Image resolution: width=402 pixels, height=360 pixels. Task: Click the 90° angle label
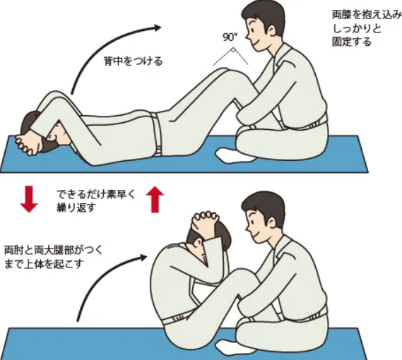pyautogui.click(x=230, y=37)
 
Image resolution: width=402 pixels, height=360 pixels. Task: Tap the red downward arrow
pyautogui.click(x=29, y=199)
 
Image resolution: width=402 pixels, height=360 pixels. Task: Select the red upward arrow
pyautogui.click(x=155, y=199)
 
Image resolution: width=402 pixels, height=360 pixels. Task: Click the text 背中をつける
pyautogui.click(x=134, y=61)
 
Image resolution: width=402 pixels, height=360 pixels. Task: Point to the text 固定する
pyautogui.click(x=352, y=42)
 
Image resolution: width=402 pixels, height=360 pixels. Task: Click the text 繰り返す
pyautogui.click(x=76, y=208)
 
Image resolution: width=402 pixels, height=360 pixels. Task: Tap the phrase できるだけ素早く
pyautogui.click(x=95, y=195)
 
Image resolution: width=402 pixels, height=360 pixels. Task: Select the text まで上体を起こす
pyautogui.click(x=44, y=264)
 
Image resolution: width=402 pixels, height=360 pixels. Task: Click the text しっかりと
pyautogui.click(x=357, y=28)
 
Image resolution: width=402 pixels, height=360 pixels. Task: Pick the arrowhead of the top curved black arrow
pyautogui.click(x=158, y=28)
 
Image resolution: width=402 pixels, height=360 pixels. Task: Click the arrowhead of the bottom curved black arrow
pyautogui.click(x=143, y=257)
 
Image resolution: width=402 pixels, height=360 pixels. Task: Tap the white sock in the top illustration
pyautogui.click(x=235, y=155)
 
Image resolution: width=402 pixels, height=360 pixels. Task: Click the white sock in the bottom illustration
pyautogui.click(x=235, y=347)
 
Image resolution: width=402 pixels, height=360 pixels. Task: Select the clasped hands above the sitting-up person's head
pyautogui.click(x=206, y=217)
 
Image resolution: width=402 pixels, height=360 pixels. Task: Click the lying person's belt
pyautogui.click(x=156, y=135)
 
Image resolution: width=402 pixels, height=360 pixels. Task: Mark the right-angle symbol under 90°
pyautogui.click(x=232, y=50)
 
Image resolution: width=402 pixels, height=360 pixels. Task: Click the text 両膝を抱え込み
pyautogui.click(x=367, y=15)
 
